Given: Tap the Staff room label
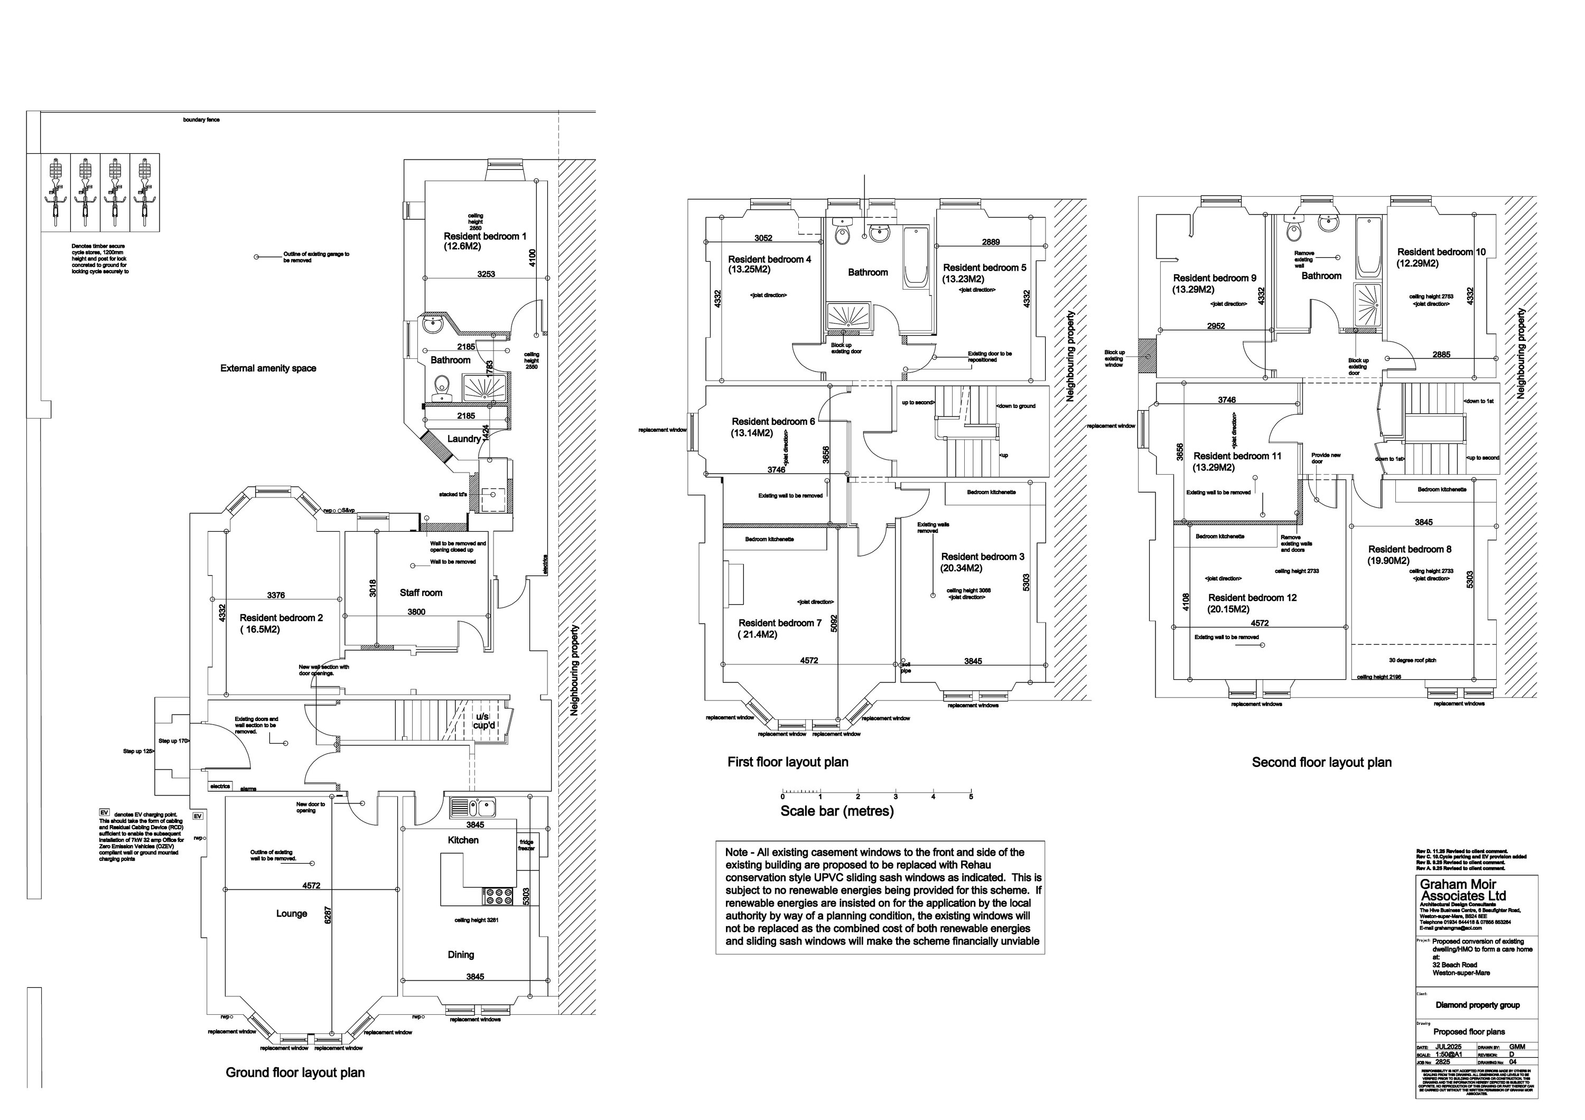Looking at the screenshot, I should click(421, 593).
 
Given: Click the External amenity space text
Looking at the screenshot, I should click(268, 368).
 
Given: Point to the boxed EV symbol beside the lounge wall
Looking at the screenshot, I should click(198, 816).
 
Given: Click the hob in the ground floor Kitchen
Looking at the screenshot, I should click(498, 896).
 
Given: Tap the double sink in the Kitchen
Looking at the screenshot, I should click(473, 807).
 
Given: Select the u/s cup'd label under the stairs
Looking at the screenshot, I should click(484, 721).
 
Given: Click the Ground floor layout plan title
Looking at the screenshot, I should click(295, 1072).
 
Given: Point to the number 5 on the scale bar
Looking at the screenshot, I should click(971, 797).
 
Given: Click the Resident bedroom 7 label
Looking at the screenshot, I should click(779, 623).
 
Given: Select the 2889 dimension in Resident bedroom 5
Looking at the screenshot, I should click(991, 243).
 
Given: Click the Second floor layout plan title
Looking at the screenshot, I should click(1321, 762).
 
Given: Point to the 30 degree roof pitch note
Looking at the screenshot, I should click(1412, 660).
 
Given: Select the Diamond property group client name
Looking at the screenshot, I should click(1477, 1005).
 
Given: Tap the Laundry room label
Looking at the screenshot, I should click(463, 439).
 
